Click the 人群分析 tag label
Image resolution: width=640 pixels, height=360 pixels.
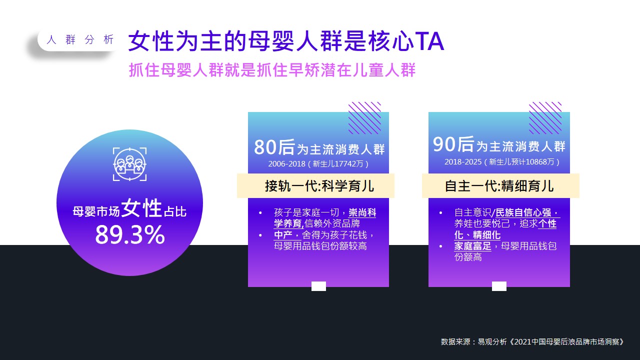pyautogui.click(x=80, y=39)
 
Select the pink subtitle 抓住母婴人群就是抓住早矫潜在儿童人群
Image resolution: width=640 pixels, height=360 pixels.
pyautogui.click(x=272, y=70)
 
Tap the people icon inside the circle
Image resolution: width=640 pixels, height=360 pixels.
pyautogui.click(x=129, y=164)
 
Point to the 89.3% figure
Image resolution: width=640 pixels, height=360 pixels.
pyautogui.click(x=130, y=235)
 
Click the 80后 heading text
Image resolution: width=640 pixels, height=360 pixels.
pyautogui.click(x=274, y=147)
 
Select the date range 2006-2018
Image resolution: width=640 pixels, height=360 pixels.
pyautogui.click(x=286, y=163)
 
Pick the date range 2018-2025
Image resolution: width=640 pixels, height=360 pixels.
pyautogui.click(x=463, y=161)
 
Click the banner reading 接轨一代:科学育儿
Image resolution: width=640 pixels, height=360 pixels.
pyautogui.click(x=315, y=185)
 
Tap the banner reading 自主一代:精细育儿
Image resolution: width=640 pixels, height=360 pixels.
pyautogui.click(x=500, y=185)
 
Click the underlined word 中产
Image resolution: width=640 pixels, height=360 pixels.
pyautogui.click(x=283, y=235)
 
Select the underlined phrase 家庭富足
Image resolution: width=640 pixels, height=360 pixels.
pyautogui.click(x=472, y=246)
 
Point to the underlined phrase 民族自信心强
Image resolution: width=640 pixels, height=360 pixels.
pyautogui.click(x=523, y=213)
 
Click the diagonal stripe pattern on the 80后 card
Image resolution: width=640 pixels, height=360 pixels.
pyautogui.click(x=364, y=118)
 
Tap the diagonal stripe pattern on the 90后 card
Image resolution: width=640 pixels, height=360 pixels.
pyautogui.click(x=545, y=118)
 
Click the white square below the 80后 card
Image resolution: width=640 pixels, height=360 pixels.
pyautogui.click(x=318, y=286)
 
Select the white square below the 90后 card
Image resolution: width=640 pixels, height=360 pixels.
pyautogui.click(x=499, y=286)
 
